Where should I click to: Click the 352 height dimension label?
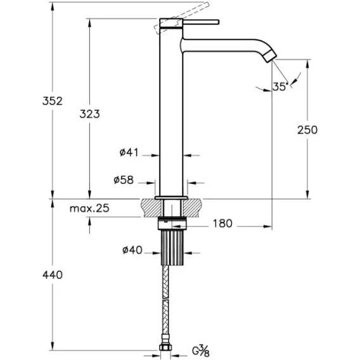[53, 101]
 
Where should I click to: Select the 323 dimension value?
[89, 114]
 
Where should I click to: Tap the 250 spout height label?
[307, 130]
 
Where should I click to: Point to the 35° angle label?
[280, 87]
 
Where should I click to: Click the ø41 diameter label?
[129, 153]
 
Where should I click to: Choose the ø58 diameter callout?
[124, 180]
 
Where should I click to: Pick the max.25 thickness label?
[89, 209]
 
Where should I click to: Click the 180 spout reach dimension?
[222, 223]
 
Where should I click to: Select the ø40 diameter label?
[132, 250]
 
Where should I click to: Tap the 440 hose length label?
[53, 275]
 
